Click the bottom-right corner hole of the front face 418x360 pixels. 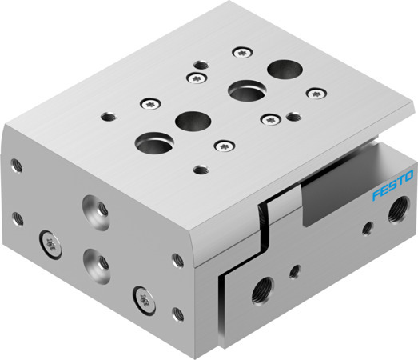(x=177, y=310)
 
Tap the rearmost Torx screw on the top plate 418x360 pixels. (x=239, y=52)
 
